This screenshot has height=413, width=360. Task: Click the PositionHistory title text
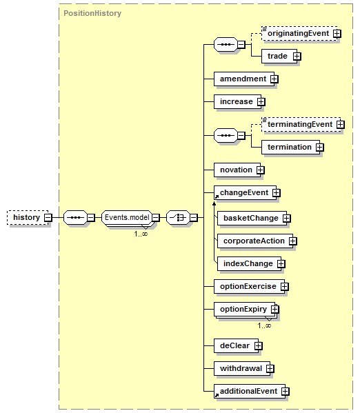coord(92,13)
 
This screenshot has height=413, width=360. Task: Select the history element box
coord(28,218)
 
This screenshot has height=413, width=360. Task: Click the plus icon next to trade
coord(297,56)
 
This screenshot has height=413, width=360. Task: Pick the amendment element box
coord(244,79)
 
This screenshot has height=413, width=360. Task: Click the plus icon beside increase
coord(261,101)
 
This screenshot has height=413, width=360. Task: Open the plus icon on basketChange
coord(287,218)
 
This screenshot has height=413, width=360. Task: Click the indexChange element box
coord(250,263)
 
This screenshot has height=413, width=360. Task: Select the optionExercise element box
coord(250,287)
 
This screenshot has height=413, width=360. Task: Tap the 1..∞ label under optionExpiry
coord(264,326)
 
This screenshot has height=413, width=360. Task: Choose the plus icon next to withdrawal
coord(270,368)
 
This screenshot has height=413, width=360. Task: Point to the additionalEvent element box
coord(250,391)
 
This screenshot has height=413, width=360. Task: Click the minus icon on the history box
coord(48,218)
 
